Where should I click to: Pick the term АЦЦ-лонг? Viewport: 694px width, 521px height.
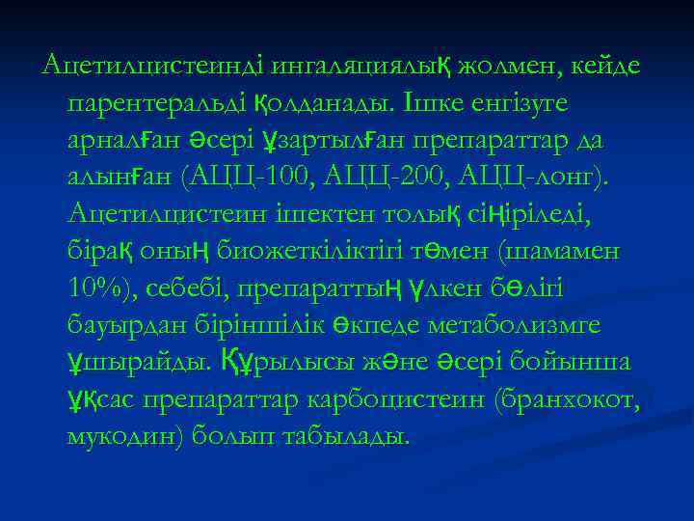click(x=520, y=177)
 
